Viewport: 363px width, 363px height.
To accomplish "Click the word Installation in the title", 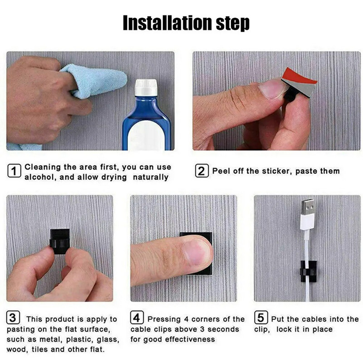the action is click(x=167, y=23).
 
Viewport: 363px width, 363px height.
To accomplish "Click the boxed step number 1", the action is click(x=14, y=171).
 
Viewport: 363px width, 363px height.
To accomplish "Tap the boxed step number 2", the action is click(x=201, y=171).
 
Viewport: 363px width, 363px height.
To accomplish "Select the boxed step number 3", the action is click(x=13, y=317).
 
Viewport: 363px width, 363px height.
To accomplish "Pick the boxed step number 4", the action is click(x=137, y=317).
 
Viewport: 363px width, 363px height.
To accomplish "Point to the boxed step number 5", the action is click(x=261, y=317).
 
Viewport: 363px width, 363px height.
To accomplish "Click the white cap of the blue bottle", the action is click(x=146, y=88).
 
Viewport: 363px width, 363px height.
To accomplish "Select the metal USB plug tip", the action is click(x=308, y=207).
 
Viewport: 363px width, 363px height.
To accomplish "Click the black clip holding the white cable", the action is click(x=309, y=271).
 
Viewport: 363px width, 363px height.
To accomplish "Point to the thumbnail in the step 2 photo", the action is click(x=273, y=88).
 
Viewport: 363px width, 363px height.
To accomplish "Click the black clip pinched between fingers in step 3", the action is click(x=60, y=241).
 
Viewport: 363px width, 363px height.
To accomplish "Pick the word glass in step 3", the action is click(x=108, y=339).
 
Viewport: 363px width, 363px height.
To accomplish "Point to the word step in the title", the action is click(x=233, y=24).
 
